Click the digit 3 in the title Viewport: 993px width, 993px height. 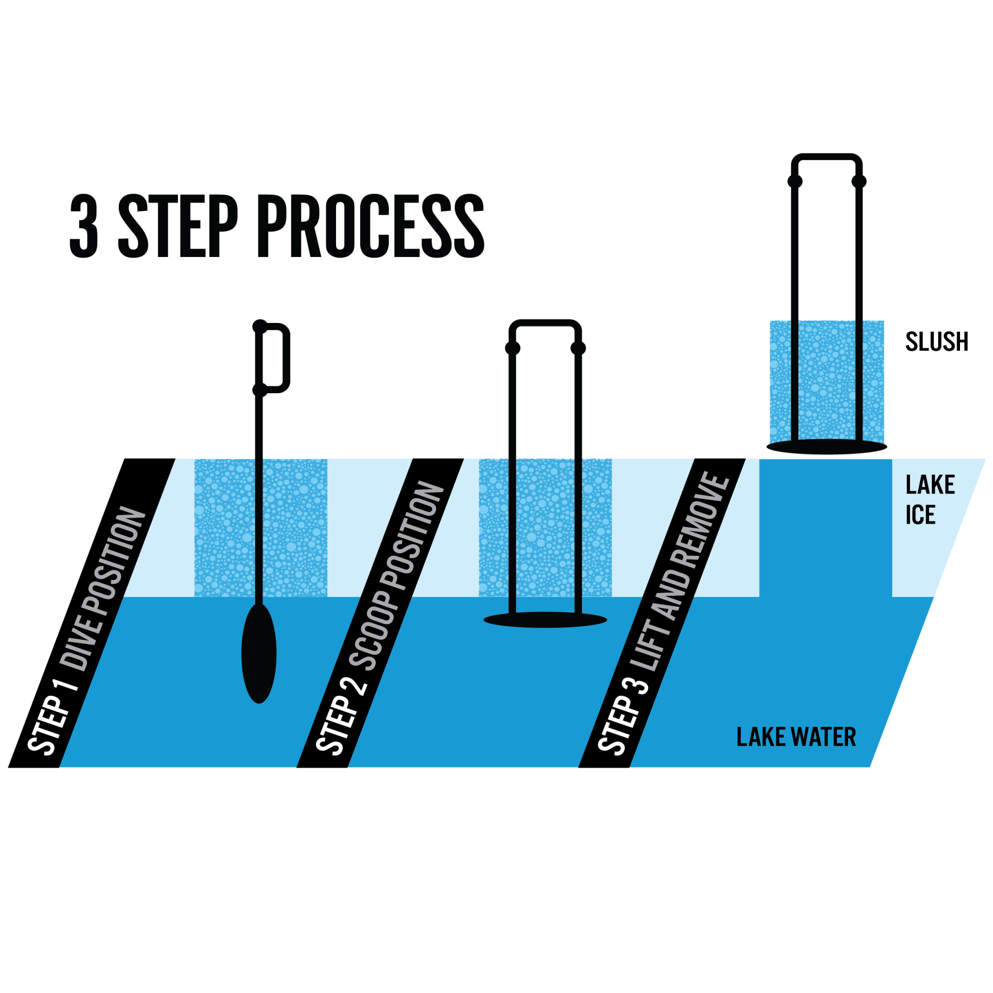84,225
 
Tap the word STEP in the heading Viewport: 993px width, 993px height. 178,225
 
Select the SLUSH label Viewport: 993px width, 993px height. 936,342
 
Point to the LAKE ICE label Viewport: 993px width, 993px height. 929,499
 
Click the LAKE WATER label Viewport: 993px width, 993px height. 796,737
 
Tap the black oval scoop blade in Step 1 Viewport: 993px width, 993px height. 259,654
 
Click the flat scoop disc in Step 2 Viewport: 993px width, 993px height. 545,620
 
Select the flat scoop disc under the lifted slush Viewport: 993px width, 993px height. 827,447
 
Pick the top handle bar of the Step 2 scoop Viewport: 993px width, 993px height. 545,324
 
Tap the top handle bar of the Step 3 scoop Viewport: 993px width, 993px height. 827,158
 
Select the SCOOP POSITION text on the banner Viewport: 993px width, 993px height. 396,576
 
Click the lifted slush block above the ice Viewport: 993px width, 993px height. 827,380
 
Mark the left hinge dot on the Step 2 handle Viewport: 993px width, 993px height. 513,349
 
